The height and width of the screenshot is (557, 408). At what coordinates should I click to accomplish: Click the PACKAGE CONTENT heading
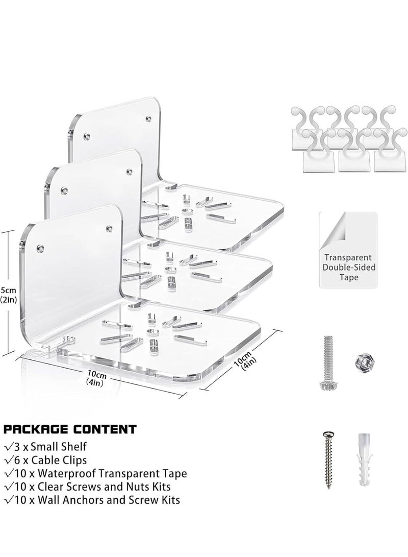tap(69, 429)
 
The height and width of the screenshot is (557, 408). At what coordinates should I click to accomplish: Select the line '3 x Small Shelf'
tap(45, 447)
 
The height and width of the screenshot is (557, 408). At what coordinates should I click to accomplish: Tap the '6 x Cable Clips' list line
tap(45, 460)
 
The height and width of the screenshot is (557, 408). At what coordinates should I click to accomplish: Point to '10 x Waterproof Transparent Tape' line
tap(95, 473)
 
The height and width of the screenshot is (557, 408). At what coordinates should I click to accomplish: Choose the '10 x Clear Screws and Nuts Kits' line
tap(87, 487)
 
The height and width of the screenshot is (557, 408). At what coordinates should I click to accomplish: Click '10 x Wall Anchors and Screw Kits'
tap(92, 500)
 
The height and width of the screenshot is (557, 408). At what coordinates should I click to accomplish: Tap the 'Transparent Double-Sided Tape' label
tap(349, 267)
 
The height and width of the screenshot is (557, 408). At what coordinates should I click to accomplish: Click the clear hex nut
tap(363, 362)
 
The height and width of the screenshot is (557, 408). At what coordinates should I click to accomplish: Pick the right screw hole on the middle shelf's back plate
tap(130, 172)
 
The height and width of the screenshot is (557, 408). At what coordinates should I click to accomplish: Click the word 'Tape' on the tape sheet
tap(349, 277)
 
